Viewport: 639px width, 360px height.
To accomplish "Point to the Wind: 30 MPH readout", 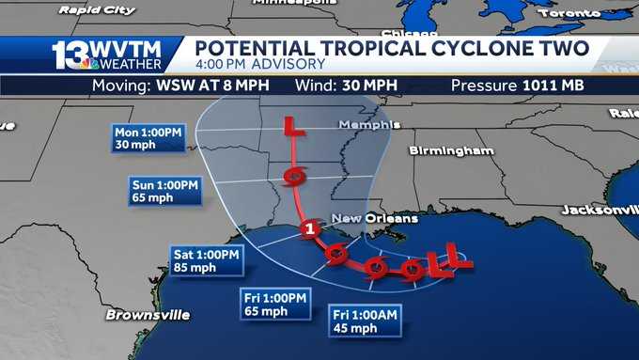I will pos(344,86).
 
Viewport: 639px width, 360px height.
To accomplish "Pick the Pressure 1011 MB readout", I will pos(517,86).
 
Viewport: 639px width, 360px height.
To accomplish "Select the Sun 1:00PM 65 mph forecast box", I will pos(164,191).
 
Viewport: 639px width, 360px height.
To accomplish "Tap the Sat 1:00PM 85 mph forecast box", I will pos(207,260).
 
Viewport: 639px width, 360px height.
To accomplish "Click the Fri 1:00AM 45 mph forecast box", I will pos(366,321).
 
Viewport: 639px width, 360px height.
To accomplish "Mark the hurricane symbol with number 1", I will pos(307,230).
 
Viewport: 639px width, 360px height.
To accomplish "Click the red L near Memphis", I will pos(294,129).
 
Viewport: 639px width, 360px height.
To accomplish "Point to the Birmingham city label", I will pos(451,150).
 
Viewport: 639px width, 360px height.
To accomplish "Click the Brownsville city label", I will pos(148,314).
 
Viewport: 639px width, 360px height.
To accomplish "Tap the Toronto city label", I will pos(571,13).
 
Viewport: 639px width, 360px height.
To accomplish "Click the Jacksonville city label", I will pos(599,210).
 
